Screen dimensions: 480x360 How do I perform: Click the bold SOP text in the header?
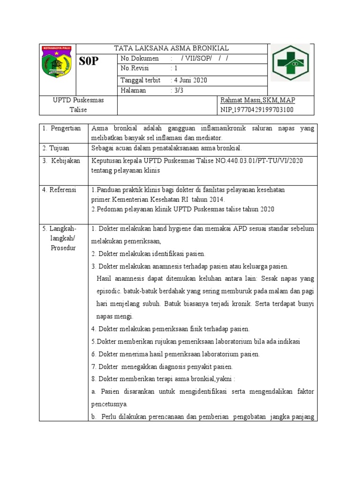point(89,61)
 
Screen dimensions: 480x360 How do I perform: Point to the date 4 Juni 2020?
point(190,80)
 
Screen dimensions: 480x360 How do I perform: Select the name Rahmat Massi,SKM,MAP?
point(257,100)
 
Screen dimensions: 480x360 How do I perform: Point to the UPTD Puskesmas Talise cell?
point(78,105)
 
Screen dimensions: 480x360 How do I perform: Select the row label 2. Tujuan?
point(58,148)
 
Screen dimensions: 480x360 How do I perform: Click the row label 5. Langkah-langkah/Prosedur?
point(62,238)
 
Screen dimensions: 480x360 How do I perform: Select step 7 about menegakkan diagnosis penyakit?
point(162,367)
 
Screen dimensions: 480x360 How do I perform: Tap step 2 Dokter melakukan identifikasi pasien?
point(149,254)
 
